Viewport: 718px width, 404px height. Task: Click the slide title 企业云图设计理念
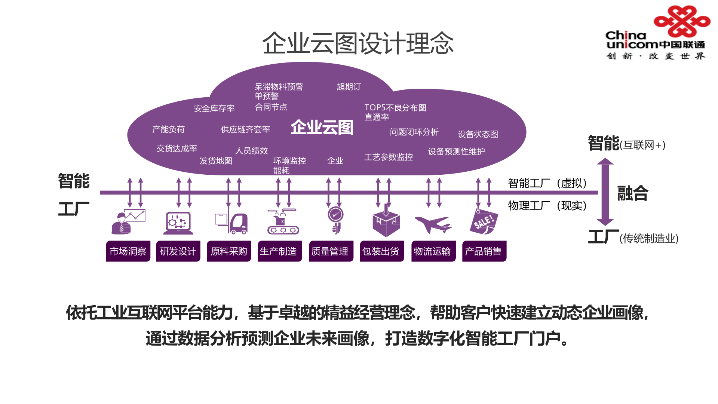[358, 43]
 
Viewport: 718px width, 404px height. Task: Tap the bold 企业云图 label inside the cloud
[322, 128]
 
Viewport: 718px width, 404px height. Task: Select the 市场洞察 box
[128, 251]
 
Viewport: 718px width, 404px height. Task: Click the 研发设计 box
[178, 251]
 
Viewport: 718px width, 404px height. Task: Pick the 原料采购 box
[229, 251]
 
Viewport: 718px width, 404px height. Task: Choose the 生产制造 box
[279, 251]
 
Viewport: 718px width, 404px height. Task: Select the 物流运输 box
[433, 251]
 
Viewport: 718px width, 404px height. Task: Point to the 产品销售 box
[484, 251]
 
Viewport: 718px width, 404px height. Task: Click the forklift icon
[231, 223]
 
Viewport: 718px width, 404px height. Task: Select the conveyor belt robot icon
[283, 222]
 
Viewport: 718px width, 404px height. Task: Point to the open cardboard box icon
[386, 223]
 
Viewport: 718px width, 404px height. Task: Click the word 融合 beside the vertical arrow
[632, 193]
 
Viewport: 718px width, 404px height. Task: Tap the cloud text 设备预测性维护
[456, 151]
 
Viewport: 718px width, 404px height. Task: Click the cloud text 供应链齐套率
[245, 129]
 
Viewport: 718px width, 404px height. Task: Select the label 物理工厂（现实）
[547, 206]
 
